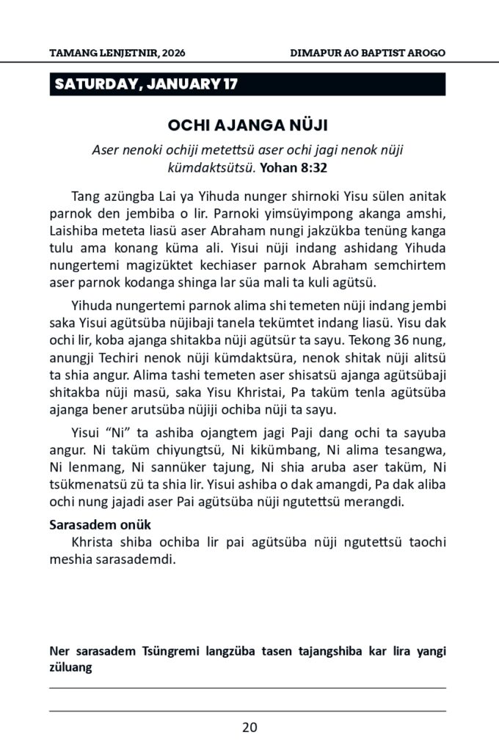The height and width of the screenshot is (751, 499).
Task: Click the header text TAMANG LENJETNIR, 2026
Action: click(108, 54)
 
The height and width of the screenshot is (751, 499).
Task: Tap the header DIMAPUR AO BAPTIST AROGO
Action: click(368, 54)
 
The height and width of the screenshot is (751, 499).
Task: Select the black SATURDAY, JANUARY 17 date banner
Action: click(248, 85)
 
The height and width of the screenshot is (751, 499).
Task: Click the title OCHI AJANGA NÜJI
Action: click(248, 125)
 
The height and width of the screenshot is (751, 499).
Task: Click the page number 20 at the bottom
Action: click(249, 728)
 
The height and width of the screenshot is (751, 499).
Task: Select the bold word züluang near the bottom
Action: click(70, 667)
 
